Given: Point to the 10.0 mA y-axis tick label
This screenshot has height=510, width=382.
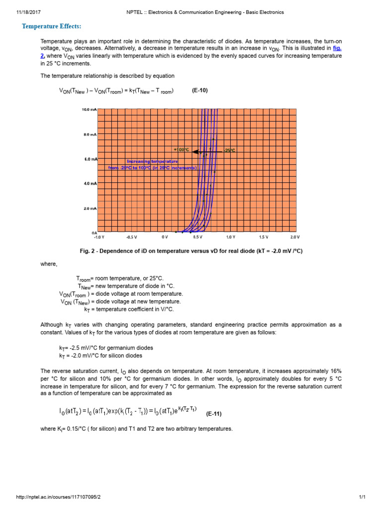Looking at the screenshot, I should click(x=89, y=109).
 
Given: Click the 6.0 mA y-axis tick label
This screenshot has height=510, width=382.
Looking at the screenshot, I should click(x=90, y=159).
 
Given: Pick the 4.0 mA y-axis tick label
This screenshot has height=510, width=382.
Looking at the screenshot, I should click(x=90, y=183).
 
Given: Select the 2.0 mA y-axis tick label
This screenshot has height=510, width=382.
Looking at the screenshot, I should click(x=90, y=208).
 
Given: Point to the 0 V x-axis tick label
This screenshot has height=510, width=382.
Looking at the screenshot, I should click(x=165, y=237).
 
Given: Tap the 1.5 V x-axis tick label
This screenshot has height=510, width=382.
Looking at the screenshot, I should click(x=263, y=237).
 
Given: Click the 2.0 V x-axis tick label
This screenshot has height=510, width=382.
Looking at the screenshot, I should click(x=295, y=237).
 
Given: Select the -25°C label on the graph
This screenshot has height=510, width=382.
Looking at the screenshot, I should click(x=229, y=150).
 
